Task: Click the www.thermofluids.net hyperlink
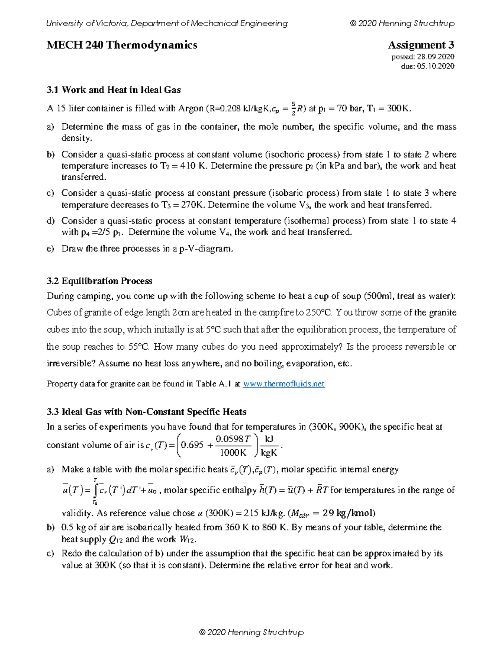[284, 384]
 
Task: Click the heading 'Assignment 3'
[421, 45]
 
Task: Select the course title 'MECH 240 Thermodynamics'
[122, 45]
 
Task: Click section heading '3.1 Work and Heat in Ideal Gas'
[114, 90]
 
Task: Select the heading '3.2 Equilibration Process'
[99, 281]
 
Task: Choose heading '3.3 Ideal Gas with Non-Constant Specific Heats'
[146, 412]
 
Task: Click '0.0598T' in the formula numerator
[233, 439]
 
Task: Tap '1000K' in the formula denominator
[233, 453]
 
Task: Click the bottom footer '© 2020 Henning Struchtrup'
[251, 632]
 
